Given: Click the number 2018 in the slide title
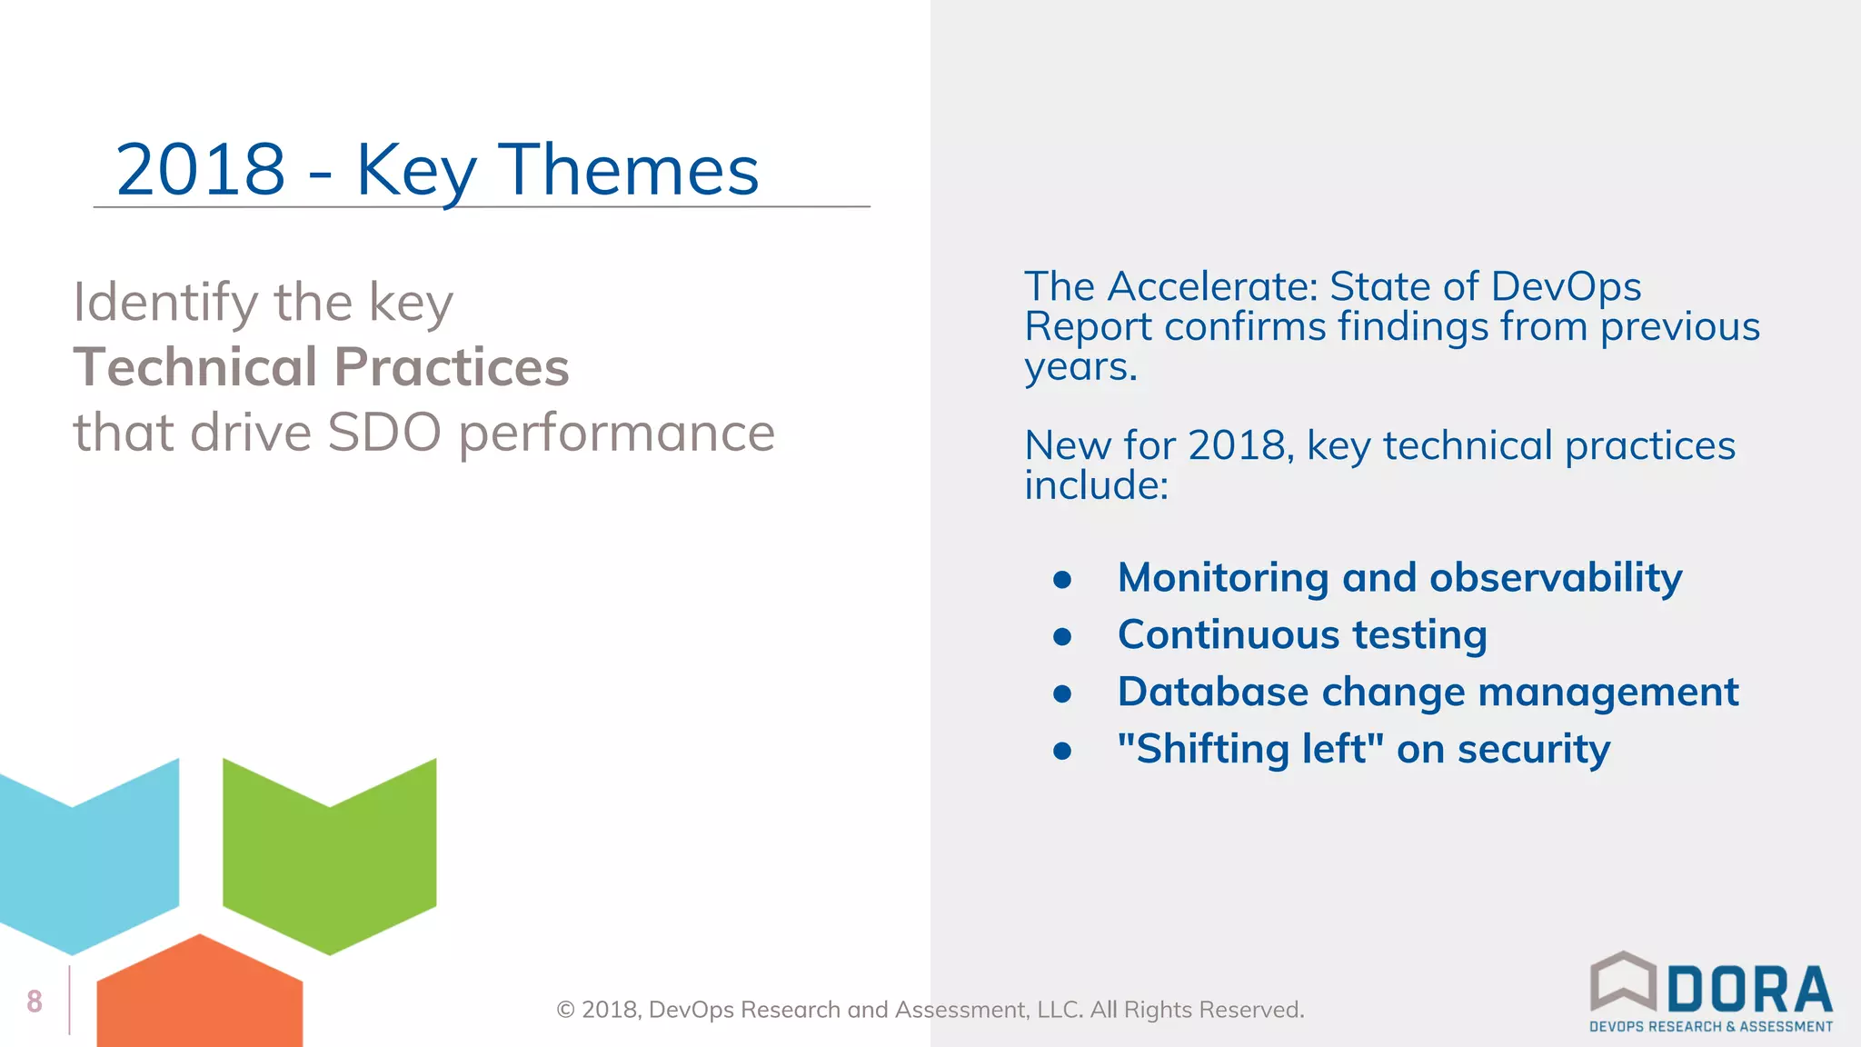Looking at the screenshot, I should click(201, 170).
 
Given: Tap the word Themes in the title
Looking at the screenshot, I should click(629, 170).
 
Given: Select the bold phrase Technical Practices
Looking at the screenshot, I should click(321, 367).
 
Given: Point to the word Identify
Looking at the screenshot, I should click(165, 304).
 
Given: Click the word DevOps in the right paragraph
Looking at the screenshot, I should click(1565, 287).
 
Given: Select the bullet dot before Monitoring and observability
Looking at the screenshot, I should click(1062, 580).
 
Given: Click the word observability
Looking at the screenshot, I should click(1555, 578).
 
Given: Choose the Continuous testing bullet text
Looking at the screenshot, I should click(1301, 635).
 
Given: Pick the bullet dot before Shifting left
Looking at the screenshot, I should click(1062, 752).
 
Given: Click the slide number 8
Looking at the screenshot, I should click(35, 1002).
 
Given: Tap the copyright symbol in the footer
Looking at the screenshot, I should click(565, 1011).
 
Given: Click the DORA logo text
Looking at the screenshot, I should click(1749, 991).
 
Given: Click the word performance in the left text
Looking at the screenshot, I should click(616, 433).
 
